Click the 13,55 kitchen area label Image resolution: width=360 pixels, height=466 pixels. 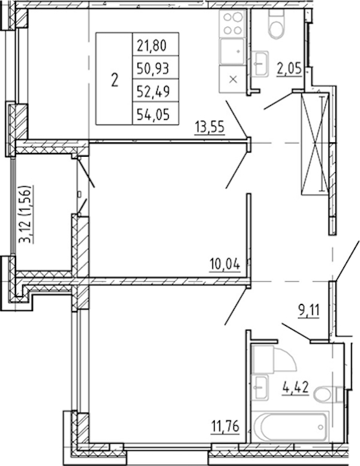(x=209, y=127)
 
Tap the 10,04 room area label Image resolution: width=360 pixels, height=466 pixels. (x=224, y=264)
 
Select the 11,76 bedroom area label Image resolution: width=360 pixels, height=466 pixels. (x=224, y=426)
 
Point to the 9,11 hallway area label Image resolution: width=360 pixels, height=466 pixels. (x=308, y=311)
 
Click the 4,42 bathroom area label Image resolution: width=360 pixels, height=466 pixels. (x=295, y=387)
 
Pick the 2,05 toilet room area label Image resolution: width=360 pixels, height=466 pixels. (x=289, y=69)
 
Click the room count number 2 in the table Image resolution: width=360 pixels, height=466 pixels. (x=115, y=80)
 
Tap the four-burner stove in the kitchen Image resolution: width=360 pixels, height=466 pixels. (x=233, y=23)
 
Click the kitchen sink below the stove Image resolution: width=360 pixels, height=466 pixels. (x=233, y=52)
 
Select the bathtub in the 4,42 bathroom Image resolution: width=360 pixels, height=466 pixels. (x=290, y=427)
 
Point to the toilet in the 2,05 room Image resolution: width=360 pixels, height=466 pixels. (x=276, y=24)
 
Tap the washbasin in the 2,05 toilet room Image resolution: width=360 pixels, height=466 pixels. (x=260, y=64)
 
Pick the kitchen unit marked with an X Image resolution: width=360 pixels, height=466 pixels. (x=233, y=79)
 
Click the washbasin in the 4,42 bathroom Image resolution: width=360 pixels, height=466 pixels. (x=260, y=387)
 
